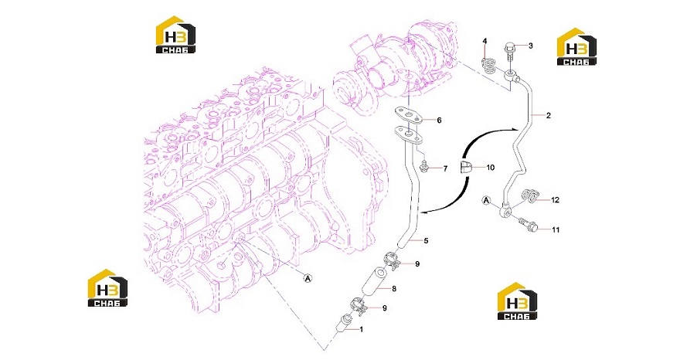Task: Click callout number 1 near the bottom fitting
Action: point(362,330)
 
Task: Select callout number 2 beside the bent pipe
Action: point(549,115)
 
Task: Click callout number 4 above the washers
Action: point(484,41)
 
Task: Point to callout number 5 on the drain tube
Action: point(426,240)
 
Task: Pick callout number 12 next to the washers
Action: point(555,200)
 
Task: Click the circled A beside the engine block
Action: point(308,278)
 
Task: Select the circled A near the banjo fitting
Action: point(487,200)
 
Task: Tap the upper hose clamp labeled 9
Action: point(393,260)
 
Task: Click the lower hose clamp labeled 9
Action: point(359,305)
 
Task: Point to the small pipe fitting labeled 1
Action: point(345,324)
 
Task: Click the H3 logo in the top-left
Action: point(175,35)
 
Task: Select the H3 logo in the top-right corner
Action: point(576,47)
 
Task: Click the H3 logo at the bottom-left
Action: point(107,288)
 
